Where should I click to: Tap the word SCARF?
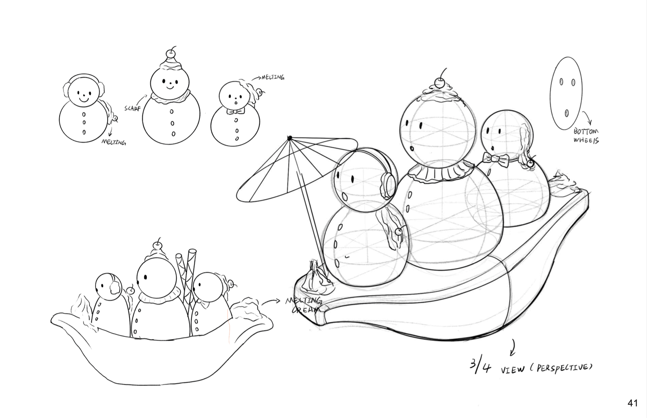pyautogui.click(x=132, y=108)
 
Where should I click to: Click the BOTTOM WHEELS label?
pyautogui.click(x=586, y=136)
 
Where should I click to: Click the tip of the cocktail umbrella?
pyautogui.click(x=290, y=138)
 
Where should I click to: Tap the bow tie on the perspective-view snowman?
pyautogui.click(x=495, y=159)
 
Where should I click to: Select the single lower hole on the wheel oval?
pyautogui.click(x=566, y=113)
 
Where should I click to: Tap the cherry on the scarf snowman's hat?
pyautogui.click(x=171, y=53)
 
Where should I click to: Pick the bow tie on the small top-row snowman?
pyautogui.click(x=236, y=111)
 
